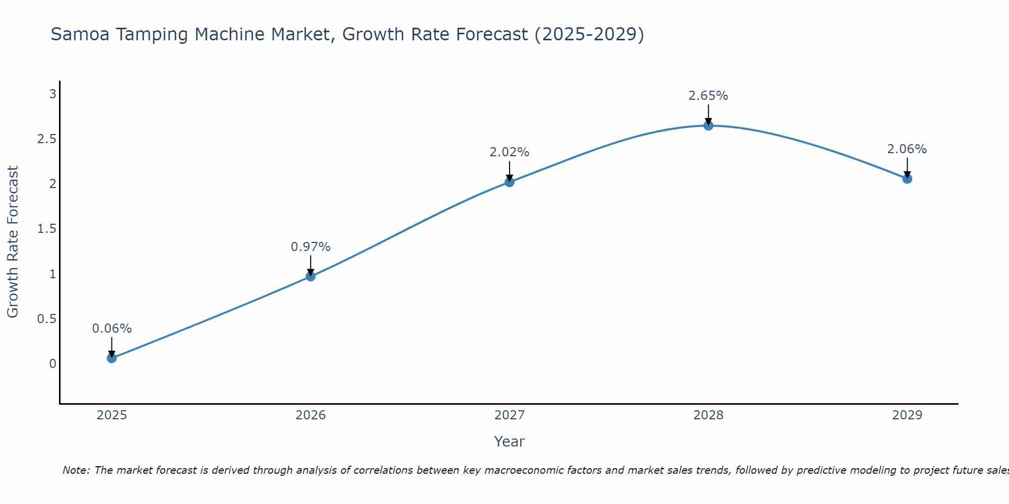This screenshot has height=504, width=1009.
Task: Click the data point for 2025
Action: tap(111, 358)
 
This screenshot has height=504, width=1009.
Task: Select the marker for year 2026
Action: tap(311, 276)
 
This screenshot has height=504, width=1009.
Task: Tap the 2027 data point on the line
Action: tap(510, 182)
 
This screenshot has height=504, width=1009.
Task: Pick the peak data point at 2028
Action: tap(708, 125)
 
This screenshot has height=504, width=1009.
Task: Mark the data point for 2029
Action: tap(907, 178)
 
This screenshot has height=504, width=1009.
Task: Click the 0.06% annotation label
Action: tap(112, 329)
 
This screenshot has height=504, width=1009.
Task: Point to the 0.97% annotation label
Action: tap(311, 247)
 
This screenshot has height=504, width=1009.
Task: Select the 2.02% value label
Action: tap(510, 152)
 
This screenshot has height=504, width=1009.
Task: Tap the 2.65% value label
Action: tap(708, 96)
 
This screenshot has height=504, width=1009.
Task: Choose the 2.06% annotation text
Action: tap(907, 149)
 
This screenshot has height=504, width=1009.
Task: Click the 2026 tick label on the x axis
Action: tap(311, 415)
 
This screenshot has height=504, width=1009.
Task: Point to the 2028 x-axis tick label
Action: tap(708, 415)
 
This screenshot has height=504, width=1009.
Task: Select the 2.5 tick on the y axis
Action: tap(46, 139)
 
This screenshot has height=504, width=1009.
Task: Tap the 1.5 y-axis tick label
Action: tap(46, 229)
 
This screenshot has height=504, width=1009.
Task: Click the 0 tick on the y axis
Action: tap(52, 364)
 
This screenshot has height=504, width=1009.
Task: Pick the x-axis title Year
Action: tap(510, 442)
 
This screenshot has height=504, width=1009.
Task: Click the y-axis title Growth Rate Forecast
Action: tap(13, 242)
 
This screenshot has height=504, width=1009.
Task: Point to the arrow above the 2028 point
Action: tap(708, 113)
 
